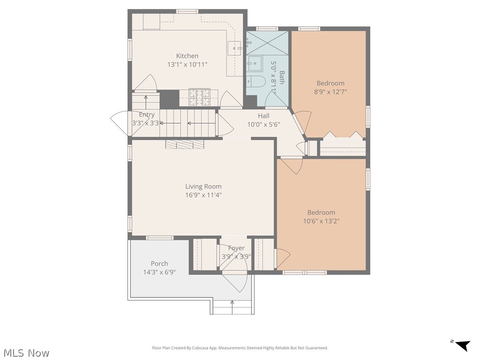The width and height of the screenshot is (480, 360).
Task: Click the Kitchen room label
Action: coord(187,56)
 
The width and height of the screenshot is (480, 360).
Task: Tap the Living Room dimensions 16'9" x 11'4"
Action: coord(203,195)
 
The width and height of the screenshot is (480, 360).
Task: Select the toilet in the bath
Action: coord(256,81)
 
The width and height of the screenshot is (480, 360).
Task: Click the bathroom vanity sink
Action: coord(255,63)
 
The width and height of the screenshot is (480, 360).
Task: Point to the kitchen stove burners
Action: coord(199,97)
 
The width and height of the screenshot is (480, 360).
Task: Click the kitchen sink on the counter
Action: coord(235,48)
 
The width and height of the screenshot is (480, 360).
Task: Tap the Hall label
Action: coord(263,116)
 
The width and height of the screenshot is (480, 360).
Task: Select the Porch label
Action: coord(159,263)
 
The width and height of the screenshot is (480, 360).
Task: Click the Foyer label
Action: coord(236,248)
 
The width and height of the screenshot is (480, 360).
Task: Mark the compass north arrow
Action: coord(462,345)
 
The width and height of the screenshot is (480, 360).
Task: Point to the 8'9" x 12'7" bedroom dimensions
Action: coord(330,91)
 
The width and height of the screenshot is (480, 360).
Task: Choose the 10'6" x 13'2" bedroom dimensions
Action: coord(321,221)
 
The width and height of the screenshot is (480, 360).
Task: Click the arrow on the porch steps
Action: coord(232,307)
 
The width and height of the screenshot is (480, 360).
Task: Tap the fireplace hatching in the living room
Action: coord(185,144)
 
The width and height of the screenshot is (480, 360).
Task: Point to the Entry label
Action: coord(147,114)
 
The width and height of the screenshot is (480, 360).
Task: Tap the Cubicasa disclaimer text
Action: coord(240,348)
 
